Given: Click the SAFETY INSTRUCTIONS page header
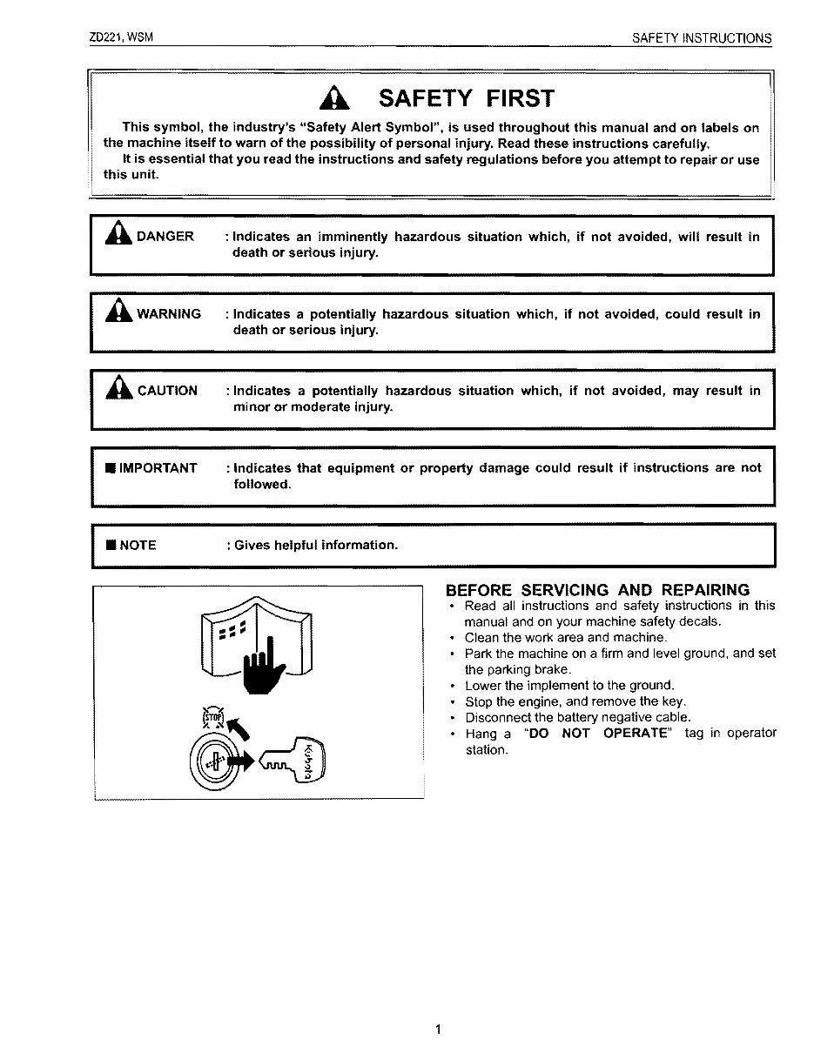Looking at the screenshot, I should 702,38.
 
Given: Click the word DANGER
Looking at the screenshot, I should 165,237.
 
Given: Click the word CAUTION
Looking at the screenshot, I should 167,391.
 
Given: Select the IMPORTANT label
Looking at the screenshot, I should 158,468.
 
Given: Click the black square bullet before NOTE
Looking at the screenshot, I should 111,546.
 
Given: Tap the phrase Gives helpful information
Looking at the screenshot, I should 316,546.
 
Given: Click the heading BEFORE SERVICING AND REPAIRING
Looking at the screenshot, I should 597,590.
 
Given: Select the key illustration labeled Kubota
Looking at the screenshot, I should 293,759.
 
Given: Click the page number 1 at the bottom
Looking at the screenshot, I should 439,1030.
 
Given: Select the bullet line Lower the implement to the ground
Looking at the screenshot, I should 569,686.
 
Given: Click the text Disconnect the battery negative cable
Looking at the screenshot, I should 578,717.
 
